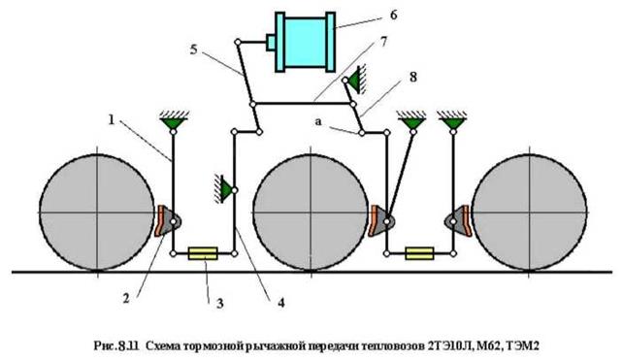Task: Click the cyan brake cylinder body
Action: point(305,42)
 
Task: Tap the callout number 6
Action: point(393,16)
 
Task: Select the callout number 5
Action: point(193,50)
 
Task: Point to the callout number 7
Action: point(383,42)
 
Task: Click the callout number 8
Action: point(413,77)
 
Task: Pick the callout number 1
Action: point(112,119)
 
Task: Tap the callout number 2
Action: point(126,298)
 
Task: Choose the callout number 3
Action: point(219,304)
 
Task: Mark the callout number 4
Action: point(280,303)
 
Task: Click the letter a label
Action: point(318,122)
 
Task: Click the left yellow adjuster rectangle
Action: point(203,253)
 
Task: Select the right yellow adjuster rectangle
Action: point(419,253)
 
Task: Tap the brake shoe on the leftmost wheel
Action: point(160,221)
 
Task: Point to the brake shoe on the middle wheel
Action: point(374,221)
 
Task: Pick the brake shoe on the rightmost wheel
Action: point(465,221)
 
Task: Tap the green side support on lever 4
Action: point(224,189)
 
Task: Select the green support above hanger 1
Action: point(174,120)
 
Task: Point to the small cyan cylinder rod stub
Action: point(271,43)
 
